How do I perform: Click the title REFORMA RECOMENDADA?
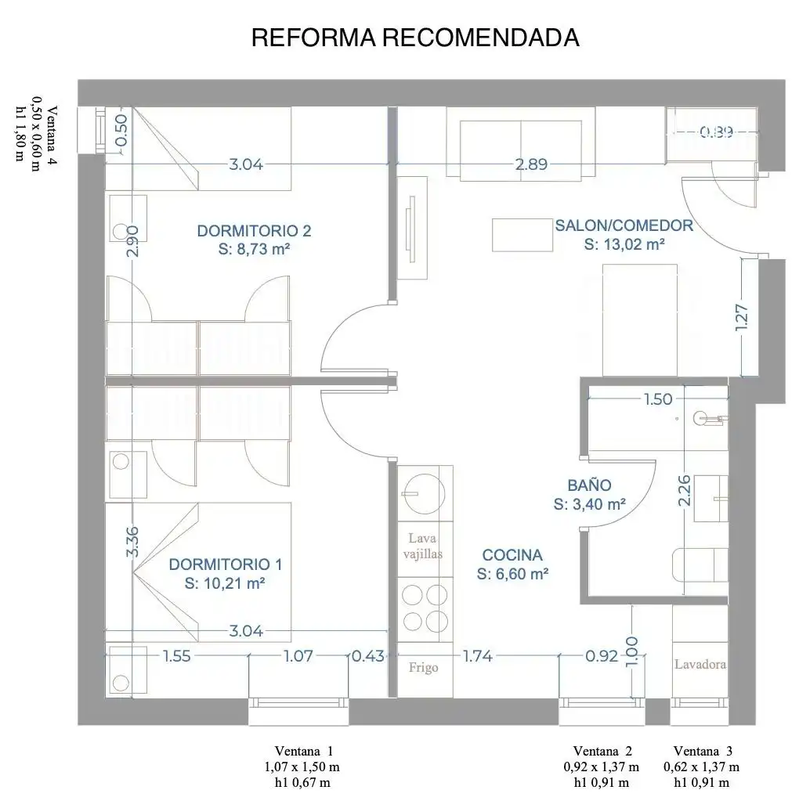pyautogui.click(x=415, y=38)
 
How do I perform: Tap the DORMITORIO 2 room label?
pyautogui.click(x=254, y=240)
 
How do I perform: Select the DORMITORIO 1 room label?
pyautogui.click(x=226, y=573)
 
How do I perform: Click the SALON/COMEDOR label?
pyautogui.click(x=624, y=234)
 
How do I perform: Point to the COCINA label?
pyautogui.click(x=512, y=564)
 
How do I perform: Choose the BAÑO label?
pyautogui.click(x=589, y=494)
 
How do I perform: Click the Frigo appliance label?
pyautogui.click(x=424, y=668)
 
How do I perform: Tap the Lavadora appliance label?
pyautogui.click(x=700, y=664)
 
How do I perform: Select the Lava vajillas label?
pyautogui.click(x=422, y=546)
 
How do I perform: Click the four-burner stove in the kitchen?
pyautogui.click(x=425, y=608)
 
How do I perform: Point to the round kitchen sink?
pyautogui.click(x=424, y=494)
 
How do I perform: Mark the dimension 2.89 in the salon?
pyautogui.click(x=531, y=164)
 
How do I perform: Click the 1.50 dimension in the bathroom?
pyautogui.click(x=657, y=399)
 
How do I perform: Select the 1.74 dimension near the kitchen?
pyautogui.click(x=478, y=656)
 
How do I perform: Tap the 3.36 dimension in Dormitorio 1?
pyautogui.click(x=132, y=541)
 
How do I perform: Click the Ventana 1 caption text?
pyautogui.click(x=303, y=767)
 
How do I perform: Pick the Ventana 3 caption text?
pyautogui.click(x=702, y=767)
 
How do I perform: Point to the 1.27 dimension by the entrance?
pyautogui.click(x=741, y=318)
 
